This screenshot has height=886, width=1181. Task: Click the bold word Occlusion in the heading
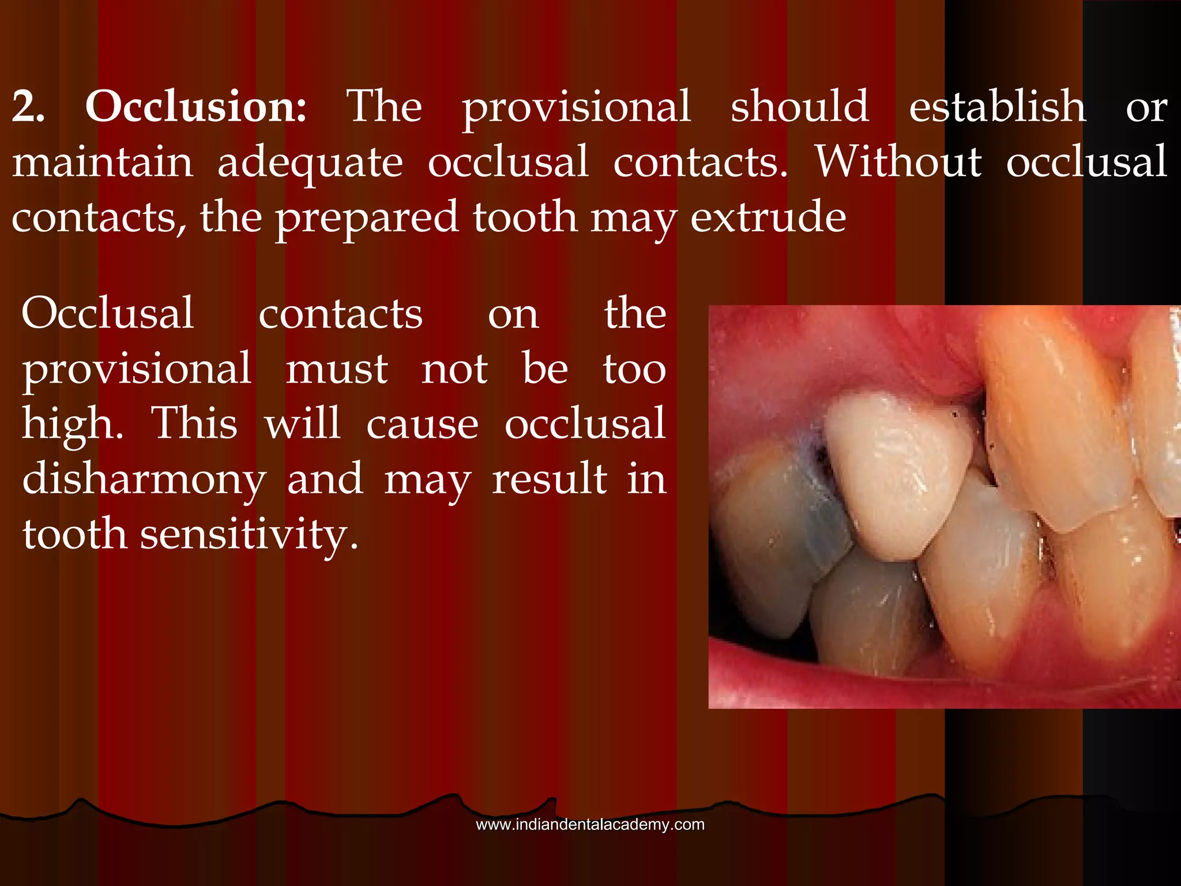pos(196,107)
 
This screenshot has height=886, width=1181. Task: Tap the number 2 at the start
pos(28,107)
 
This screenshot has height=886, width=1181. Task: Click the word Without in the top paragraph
pos(898,162)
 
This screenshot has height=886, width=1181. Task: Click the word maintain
pos(103,162)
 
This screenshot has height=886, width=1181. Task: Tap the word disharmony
pos(144,479)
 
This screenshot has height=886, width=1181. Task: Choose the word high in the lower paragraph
pos(72,424)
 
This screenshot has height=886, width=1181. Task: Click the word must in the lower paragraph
pos(337,370)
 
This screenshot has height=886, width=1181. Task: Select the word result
pos(550,479)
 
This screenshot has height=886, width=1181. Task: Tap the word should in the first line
pos(800,107)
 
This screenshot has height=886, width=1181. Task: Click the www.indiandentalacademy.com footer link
pos(590,824)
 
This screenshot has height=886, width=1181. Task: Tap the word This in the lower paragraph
pos(194,424)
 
